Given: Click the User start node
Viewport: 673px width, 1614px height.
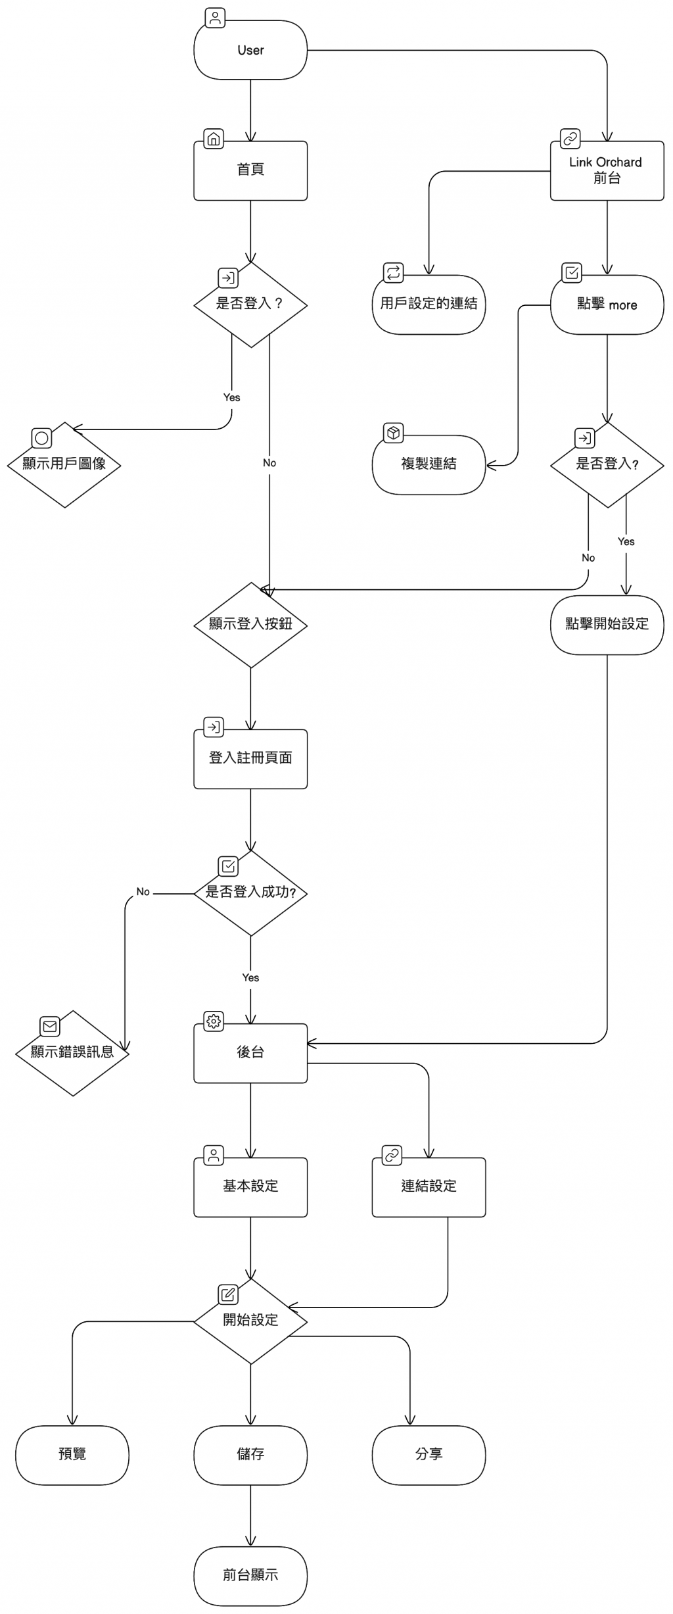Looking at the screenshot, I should (250, 51).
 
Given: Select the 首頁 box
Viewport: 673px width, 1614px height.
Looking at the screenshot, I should (250, 170).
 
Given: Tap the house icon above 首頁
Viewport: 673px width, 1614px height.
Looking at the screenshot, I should (214, 139).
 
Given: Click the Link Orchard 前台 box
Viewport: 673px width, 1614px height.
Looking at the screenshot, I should (607, 170).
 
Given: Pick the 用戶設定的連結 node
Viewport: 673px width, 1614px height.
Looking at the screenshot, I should (429, 304).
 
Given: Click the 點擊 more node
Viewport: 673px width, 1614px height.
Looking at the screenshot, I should (607, 305).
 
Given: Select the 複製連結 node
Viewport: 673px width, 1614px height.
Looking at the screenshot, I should (429, 464).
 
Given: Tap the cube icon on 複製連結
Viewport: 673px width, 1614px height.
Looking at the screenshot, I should (393, 433).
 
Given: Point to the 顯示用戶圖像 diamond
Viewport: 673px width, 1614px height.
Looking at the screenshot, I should (64, 464).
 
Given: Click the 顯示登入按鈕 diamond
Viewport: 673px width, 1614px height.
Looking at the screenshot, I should (250, 624).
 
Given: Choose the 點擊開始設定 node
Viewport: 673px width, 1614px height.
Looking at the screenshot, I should (607, 624).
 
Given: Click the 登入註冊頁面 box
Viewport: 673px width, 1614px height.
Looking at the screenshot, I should (250, 758).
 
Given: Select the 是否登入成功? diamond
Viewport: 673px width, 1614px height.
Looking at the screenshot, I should (250, 893).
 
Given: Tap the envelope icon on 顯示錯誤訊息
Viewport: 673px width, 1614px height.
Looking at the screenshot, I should (50, 1026).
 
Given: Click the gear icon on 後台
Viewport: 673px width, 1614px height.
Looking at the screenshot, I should (214, 1021).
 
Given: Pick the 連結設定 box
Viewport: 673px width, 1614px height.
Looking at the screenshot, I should (429, 1186).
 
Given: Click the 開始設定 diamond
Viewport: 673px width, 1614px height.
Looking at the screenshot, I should (250, 1321).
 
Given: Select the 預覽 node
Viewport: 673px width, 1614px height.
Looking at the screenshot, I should (72, 1454).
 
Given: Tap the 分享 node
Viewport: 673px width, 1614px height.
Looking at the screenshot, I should (429, 1454).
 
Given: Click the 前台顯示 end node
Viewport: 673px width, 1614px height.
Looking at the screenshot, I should (250, 1575).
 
